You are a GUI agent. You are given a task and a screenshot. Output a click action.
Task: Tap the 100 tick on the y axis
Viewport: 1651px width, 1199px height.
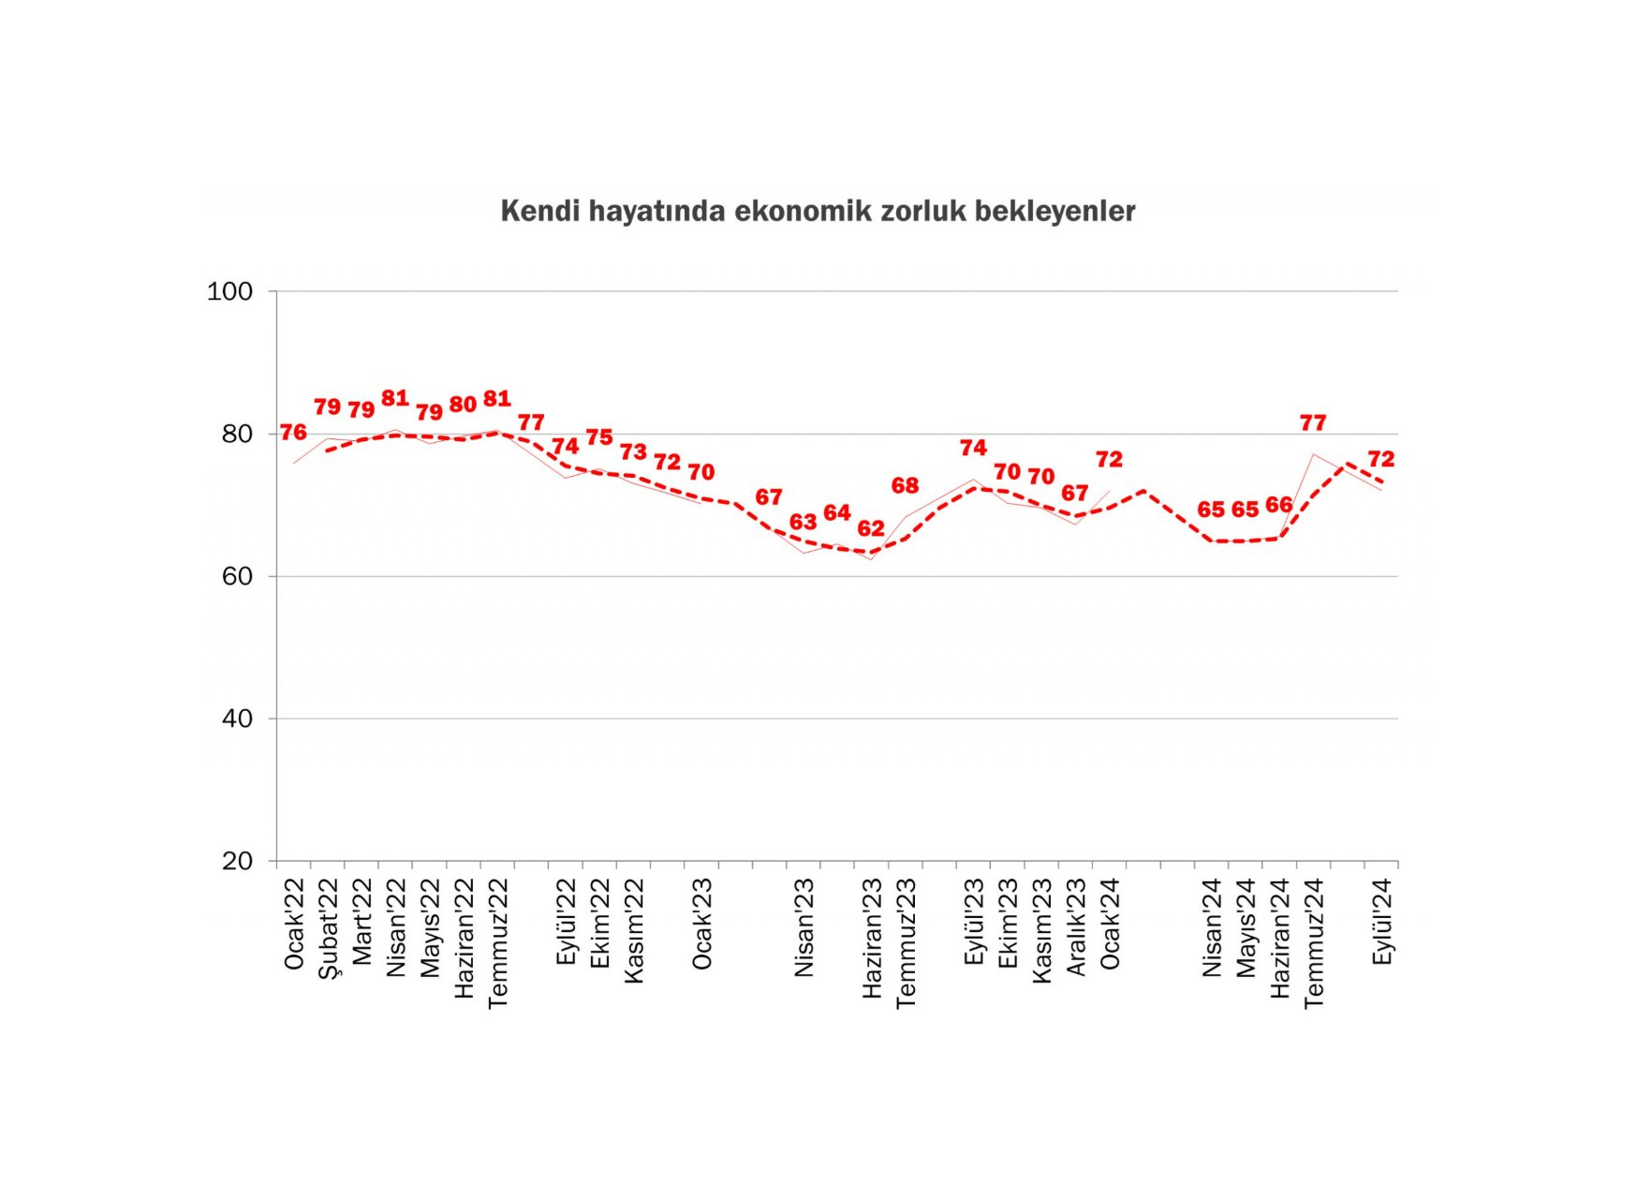[x=229, y=291]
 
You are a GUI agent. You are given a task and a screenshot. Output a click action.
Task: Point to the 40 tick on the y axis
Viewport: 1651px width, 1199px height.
[x=237, y=718]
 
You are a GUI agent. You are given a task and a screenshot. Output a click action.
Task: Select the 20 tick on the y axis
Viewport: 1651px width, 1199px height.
[x=237, y=861]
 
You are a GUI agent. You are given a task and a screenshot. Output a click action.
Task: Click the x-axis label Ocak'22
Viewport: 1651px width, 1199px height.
[x=294, y=924]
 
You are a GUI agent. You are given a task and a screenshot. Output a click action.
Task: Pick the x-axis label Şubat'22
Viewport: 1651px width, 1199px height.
[x=328, y=928]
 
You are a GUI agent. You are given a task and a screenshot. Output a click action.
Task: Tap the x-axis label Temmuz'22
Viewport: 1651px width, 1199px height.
[x=497, y=942]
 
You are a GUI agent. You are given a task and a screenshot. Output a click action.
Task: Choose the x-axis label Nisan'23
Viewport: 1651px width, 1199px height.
[x=803, y=927]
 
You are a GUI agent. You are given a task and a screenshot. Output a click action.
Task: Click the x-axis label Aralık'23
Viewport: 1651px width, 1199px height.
[x=1075, y=926]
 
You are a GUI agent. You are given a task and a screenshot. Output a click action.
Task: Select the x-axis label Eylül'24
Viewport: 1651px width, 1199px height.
[x=1381, y=922]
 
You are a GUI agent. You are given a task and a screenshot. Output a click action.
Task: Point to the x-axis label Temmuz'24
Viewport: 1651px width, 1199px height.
[x=1314, y=942]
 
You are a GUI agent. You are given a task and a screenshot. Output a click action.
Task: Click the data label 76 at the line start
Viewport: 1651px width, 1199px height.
[x=293, y=432]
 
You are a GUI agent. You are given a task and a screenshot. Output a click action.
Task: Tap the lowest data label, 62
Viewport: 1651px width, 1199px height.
[x=871, y=528]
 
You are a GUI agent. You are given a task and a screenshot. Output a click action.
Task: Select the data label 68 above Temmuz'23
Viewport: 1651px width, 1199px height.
[x=905, y=485]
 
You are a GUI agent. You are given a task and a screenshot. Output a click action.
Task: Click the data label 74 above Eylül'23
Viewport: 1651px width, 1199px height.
[x=973, y=448]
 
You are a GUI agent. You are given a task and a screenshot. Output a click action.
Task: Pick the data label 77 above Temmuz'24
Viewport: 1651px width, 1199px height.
[x=1313, y=422]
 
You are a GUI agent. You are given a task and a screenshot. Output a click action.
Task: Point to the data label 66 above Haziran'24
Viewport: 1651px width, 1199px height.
[x=1278, y=505]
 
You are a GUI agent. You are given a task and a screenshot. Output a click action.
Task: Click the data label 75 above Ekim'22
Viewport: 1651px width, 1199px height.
[x=599, y=437]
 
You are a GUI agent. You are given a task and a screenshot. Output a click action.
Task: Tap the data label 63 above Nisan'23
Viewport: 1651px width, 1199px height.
[x=803, y=522]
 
